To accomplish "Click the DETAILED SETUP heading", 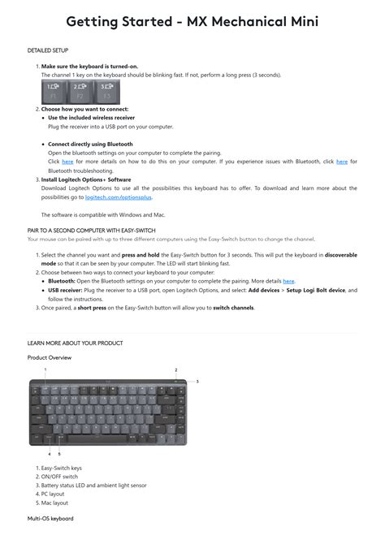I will pyautogui.click(x=46, y=50).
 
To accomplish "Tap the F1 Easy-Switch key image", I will pyautogui.click(x=54, y=90).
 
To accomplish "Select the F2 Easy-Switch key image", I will pyautogui.click(x=80, y=90).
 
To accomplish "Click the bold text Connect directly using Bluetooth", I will pyautogui.click(x=90, y=144).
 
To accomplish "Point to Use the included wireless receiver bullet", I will pyautogui.click(x=91, y=118).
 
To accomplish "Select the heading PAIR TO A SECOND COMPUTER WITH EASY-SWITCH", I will pyautogui.click(x=91, y=231).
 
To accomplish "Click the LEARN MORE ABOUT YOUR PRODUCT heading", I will pyautogui.click(x=75, y=343).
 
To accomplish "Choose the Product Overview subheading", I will pyautogui.click(x=49, y=357).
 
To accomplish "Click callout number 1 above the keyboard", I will pyautogui.click(x=45, y=370).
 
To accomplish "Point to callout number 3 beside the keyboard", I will pyautogui.click(x=197, y=381).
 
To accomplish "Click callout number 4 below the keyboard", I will pyautogui.click(x=49, y=454).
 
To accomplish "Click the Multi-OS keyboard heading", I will pyautogui.click(x=50, y=518).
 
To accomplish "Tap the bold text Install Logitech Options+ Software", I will pyautogui.click(x=86, y=179).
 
